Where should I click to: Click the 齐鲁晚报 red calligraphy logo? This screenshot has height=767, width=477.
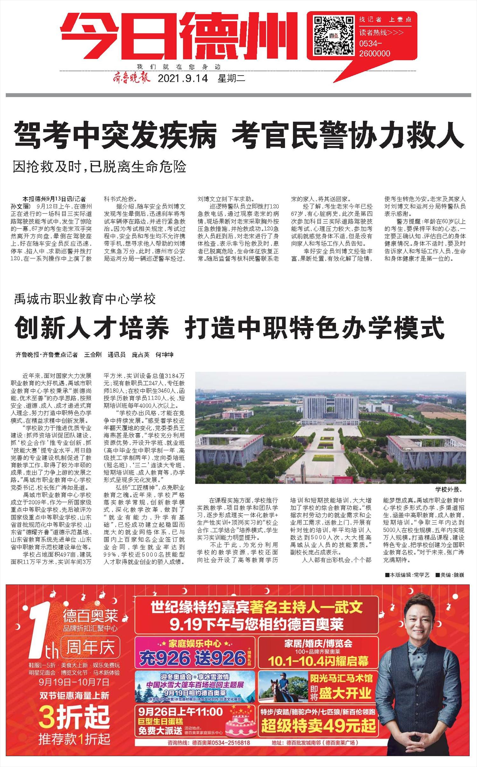point(130,78)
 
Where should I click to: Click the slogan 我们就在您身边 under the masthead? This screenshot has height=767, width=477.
point(179,67)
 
